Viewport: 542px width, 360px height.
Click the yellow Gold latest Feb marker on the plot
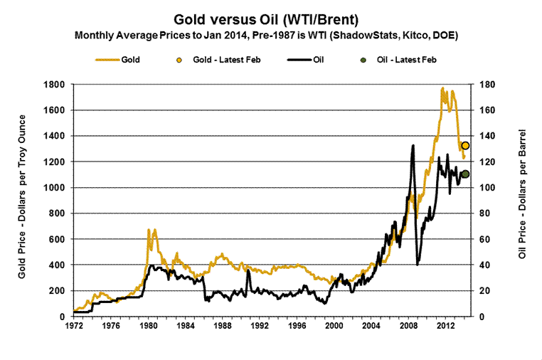click(x=465, y=145)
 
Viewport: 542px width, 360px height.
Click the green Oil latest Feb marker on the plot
click(x=465, y=174)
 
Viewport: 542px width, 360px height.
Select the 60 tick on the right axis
click(x=488, y=239)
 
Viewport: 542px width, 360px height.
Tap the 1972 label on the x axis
click(x=73, y=327)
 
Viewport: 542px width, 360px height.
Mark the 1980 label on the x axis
click(x=149, y=327)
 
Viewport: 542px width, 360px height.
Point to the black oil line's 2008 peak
click(x=413, y=146)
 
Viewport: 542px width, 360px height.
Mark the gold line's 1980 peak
click(x=149, y=230)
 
